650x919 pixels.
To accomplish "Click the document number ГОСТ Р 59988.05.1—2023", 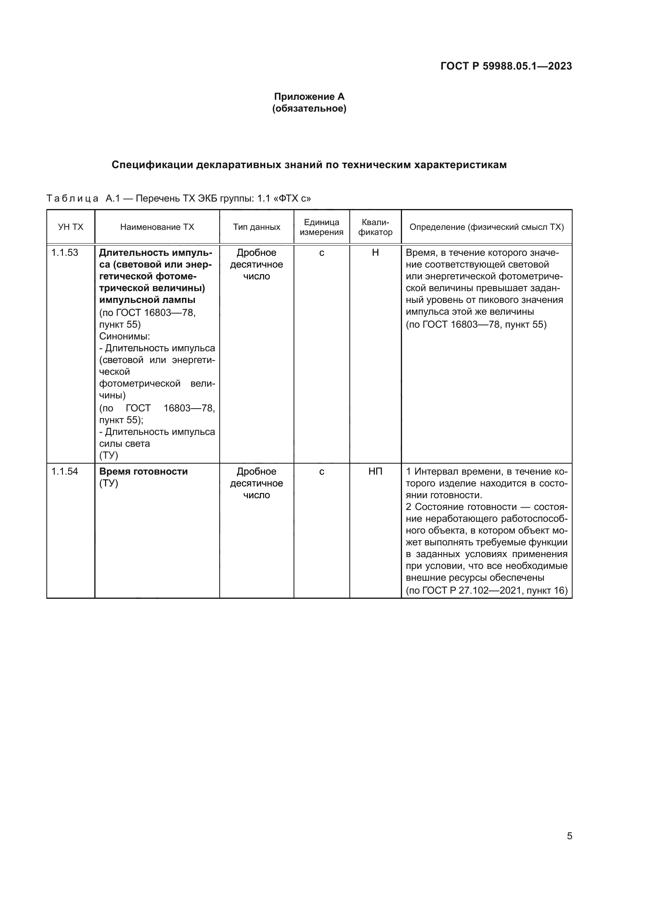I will pos(506,66).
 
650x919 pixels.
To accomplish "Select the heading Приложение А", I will pos(309,97).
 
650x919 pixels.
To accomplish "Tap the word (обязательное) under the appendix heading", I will pos(309,108).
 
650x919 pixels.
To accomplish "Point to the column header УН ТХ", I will pos(70,227).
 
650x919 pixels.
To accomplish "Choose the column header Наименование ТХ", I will pos(157,227).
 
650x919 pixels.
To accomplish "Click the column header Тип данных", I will pos(257,227).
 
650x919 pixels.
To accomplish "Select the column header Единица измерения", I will pos(321,227).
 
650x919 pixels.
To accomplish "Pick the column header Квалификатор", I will pos(375,227).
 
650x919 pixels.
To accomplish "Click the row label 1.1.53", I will pos(65,253).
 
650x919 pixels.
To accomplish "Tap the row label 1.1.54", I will pos(65,471).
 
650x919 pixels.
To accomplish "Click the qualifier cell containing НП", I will pos(375,471).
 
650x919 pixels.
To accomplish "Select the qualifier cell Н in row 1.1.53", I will pos(375,253).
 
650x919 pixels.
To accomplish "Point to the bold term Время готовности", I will pos(143,471).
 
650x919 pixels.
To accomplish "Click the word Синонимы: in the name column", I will pos(125,336).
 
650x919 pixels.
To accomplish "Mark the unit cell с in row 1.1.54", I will pos(321,471).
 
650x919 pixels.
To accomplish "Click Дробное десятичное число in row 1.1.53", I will pos(257,264).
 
